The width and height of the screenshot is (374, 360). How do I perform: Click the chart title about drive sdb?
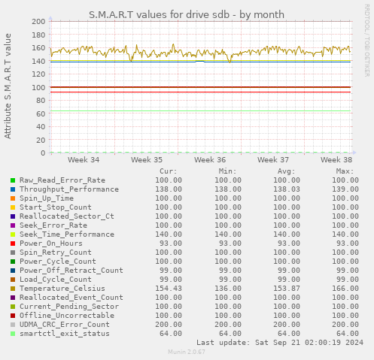pos(187,14)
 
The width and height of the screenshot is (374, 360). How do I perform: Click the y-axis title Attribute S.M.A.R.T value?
pos(8,86)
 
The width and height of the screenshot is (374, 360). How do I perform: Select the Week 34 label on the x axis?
pos(83,160)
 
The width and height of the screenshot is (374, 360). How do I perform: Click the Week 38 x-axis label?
pos(336,160)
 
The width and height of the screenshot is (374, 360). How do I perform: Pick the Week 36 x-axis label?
pos(209,160)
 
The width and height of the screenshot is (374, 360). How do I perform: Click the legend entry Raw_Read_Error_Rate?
pos(62,180)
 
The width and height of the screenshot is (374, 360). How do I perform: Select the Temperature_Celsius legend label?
pos(60,289)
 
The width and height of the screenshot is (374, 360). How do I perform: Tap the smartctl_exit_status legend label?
pos(65,334)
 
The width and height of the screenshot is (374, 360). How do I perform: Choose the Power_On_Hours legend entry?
pos(51,244)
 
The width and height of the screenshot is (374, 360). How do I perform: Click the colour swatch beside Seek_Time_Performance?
pos(13,234)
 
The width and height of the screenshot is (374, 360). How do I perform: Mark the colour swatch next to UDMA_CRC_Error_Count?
pos(13,325)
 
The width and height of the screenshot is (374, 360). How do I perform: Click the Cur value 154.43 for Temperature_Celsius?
pos(168,289)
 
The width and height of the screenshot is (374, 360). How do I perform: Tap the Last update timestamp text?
pos(279,343)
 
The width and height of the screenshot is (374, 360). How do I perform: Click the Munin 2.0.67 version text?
pos(187,352)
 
